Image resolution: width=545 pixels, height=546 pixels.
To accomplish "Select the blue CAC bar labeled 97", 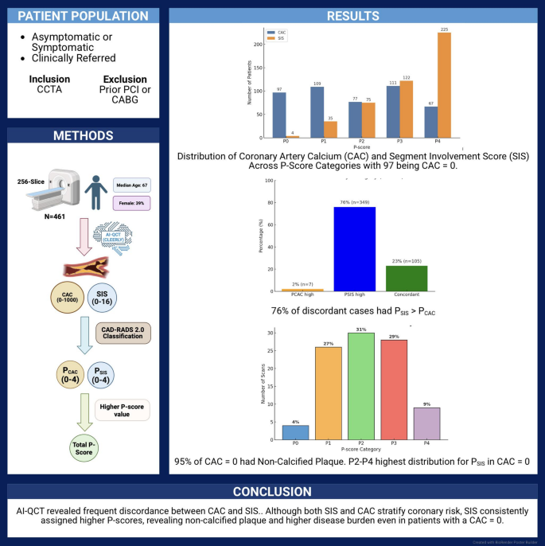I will (279, 115).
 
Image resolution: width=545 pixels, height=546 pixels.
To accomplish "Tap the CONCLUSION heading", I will (271, 491).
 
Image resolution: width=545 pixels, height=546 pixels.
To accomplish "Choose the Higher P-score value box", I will (123, 411).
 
